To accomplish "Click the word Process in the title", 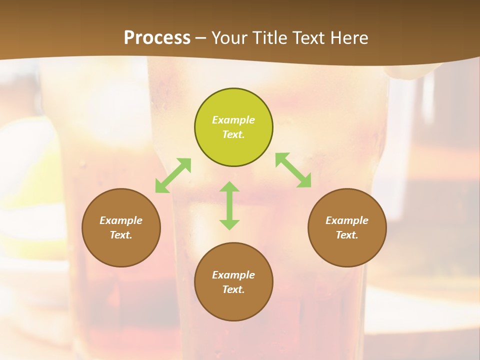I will coord(157,38).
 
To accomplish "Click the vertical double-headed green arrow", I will coord(229,205).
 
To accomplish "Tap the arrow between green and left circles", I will coord(173,175).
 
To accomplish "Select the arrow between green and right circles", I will coord(293,170).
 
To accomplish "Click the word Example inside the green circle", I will coord(233,120).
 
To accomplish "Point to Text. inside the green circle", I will coord(233,134).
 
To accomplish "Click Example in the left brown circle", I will coord(121,220).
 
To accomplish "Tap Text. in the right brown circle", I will coord(347,235).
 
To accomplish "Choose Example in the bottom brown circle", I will coord(233,275).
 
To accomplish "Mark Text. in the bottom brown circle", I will coord(233,289).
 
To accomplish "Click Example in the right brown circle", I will coord(347,220).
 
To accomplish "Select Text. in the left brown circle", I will coord(121,235).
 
